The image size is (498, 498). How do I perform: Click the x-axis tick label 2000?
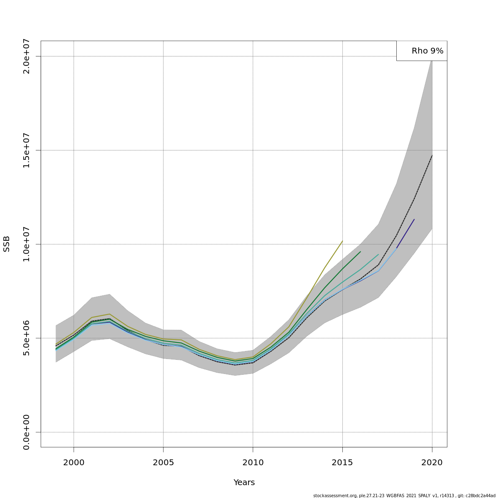(x=73, y=462)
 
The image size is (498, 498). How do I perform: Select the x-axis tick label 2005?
(x=163, y=462)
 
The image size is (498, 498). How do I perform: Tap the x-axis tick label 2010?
(x=253, y=462)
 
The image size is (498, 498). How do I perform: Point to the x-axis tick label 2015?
(x=342, y=462)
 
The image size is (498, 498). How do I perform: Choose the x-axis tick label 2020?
(x=432, y=462)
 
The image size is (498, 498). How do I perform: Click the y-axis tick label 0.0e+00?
(x=27, y=432)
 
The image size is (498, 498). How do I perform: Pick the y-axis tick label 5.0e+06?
(x=27, y=338)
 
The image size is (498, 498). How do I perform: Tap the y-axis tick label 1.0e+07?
(x=27, y=244)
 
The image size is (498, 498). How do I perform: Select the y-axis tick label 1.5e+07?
(x=27, y=150)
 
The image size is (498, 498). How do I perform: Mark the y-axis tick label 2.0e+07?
(x=27, y=56)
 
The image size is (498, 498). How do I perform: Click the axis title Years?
(x=244, y=483)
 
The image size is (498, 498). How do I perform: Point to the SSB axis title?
(x=7, y=244)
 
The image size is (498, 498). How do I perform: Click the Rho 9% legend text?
(x=427, y=51)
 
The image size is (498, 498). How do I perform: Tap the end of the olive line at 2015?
(x=342, y=241)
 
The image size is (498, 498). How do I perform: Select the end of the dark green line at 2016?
(x=360, y=251)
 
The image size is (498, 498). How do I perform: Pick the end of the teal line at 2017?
(x=378, y=254)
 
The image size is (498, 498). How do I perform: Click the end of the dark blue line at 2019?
(x=414, y=219)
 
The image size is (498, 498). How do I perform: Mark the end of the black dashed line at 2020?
(x=432, y=155)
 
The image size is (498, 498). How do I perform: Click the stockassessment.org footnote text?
(x=404, y=496)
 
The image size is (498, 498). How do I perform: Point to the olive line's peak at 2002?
(x=109, y=314)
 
